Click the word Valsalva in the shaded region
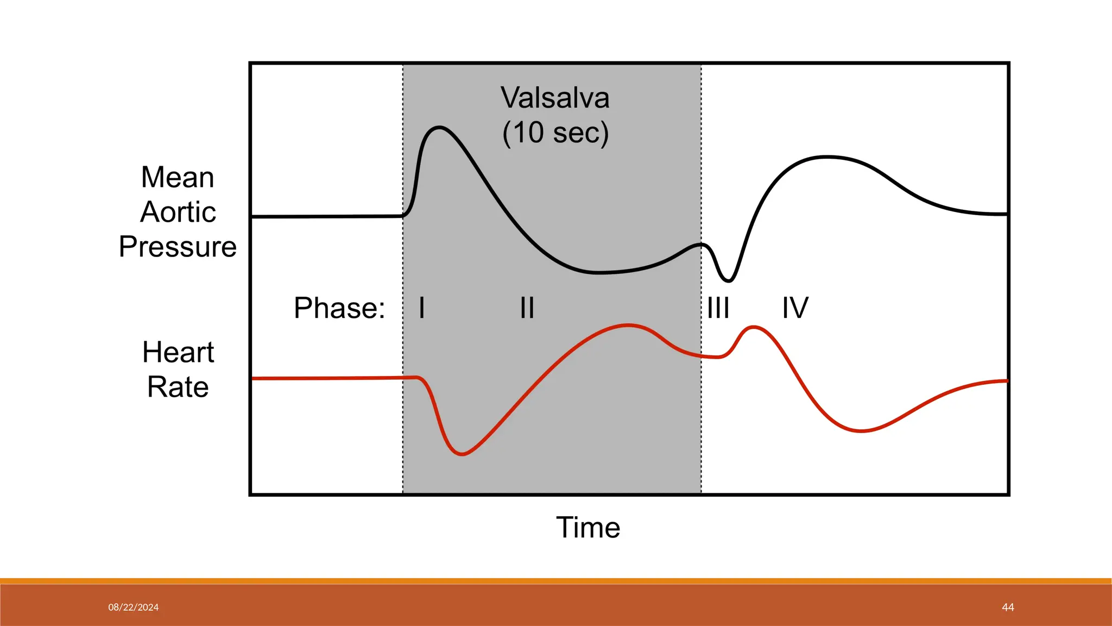coord(555,98)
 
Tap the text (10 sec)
coord(555,133)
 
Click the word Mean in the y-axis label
coord(178,177)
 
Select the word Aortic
coord(178,212)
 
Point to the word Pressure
coord(178,247)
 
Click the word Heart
coord(178,352)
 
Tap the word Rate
coord(178,387)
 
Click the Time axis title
coord(588,527)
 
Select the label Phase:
coord(339,308)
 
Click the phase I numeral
coord(422,308)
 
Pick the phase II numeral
coord(527,308)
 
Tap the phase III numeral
coord(718,308)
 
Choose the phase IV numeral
coord(795,308)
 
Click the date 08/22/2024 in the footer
coord(133,608)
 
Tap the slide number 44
coord(1008,608)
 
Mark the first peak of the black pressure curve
coord(439,128)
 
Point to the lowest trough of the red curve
coord(462,454)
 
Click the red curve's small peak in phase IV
coord(754,327)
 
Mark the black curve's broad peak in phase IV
coord(826,157)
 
